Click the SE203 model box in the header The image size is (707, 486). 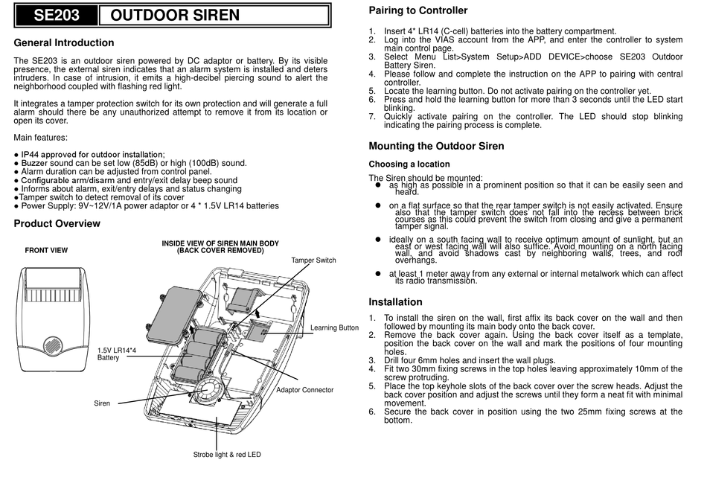click(x=55, y=15)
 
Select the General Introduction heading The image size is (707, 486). click(x=64, y=43)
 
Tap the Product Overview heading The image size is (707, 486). click(x=57, y=224)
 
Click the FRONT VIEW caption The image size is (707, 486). click(x=46, y=251)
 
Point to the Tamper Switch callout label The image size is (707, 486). click(x=313, y=260)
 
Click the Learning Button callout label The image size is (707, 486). click(x=333, y=327)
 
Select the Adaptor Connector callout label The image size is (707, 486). click(x=304, y=390)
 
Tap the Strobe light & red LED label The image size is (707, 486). click(x=227, y=454)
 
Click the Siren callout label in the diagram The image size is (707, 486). click(x=102, y=403)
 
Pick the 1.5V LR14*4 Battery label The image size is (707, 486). click(x=116, y=354)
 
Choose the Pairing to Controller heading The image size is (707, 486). click(x=418, y=11)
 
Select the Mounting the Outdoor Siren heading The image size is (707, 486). click(x=436, y=147)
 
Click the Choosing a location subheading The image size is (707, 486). click(x=409, y=164)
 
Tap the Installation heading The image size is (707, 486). click(x=395, y=302)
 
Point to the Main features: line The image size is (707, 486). click(x=40, y=137)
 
